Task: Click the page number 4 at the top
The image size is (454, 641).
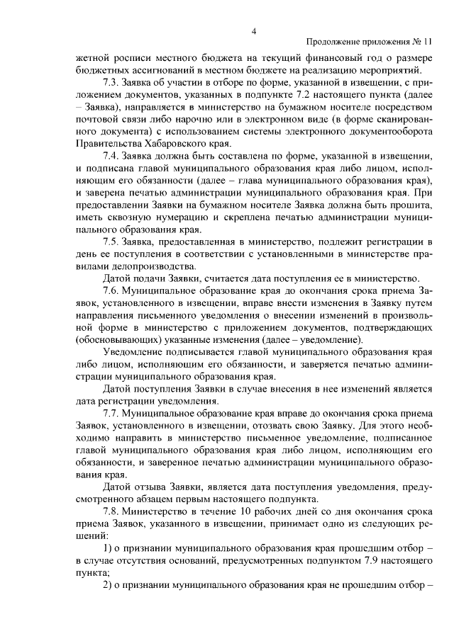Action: [x=253, y=30]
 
